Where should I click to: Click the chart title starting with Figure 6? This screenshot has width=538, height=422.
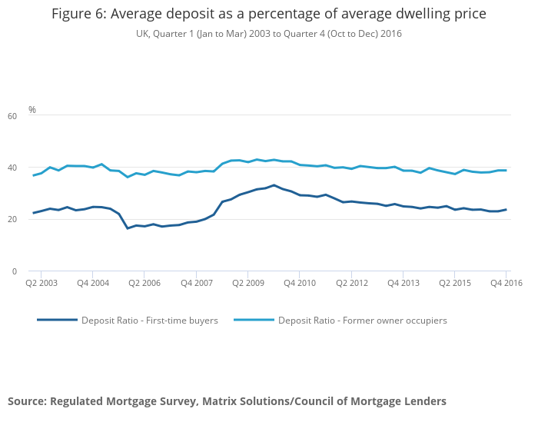[x=268, y=15]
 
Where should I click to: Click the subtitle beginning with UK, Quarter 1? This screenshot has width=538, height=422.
[x=268, y=34]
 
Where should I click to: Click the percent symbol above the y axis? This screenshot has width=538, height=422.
[x=32, y=110]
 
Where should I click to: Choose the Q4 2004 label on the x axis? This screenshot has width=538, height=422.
[x=92, y=284]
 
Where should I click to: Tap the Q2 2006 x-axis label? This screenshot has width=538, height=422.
[x=144, y=284]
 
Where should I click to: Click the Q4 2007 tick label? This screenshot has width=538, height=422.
[x=196, y=284]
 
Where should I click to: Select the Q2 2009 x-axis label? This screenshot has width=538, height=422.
[x=247, y=284]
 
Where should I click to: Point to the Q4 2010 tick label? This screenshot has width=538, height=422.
[x=300, y=284]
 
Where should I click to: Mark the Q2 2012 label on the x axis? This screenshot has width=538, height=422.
[x=351, y=284]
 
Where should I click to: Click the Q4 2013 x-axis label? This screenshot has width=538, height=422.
[x=403, y=284]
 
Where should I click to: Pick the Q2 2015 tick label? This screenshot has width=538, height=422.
[x=455, y=284]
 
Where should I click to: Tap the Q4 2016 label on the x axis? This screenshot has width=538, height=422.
[x=506, y=284]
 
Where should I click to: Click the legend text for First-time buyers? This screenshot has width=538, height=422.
[x=150, y=321]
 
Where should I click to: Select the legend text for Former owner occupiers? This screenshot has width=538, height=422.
[x=362, y=321]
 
